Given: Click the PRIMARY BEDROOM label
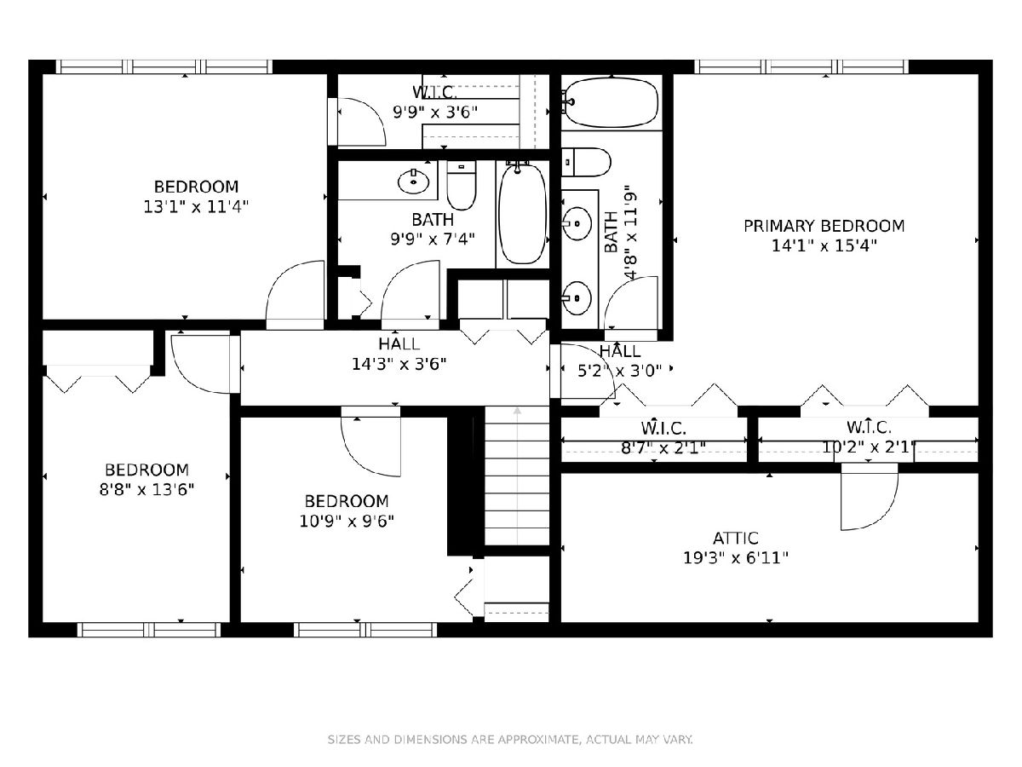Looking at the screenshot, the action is coord(824,227).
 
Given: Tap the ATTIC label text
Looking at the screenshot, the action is coord(736,539).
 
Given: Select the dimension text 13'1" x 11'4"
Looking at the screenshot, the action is coord(196,206).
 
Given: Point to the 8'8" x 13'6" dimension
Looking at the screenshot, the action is coord(146,489).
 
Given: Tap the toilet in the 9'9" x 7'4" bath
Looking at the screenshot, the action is coord(462,185).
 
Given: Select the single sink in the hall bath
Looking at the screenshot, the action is coord(413,182).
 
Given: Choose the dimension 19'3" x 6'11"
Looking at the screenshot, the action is coord(736,557).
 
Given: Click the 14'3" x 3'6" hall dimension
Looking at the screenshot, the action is coord(399,364).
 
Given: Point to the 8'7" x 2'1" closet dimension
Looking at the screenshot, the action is coord(663,447).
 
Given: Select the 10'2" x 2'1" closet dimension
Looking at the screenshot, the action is coord(869,447).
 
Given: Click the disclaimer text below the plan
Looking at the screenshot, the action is coord(510,740).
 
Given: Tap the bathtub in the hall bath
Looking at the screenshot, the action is coord(522,214).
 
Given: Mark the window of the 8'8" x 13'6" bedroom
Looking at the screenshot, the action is coord(149,630).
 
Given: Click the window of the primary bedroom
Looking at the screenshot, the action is coord(801,66).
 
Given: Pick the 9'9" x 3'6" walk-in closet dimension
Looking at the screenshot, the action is coord(435,112).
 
